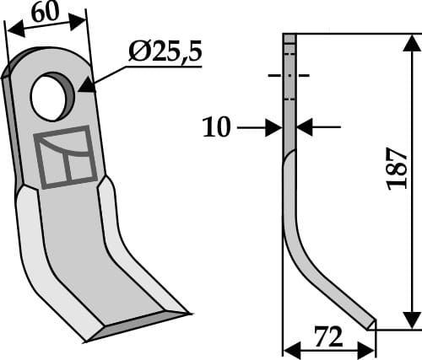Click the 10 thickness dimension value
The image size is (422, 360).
[217, 127]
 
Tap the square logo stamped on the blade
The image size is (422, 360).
[65, 157]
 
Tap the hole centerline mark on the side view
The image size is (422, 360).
[289, 76]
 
